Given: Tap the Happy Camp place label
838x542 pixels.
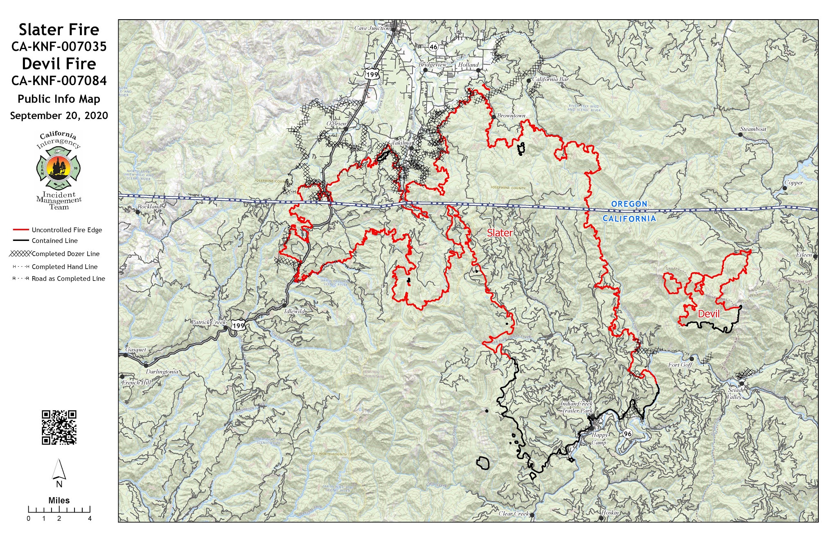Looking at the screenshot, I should [599, 439].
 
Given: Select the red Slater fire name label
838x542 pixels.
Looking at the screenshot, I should [499, 233].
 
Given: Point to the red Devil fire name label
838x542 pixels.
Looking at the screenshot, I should [708, 314].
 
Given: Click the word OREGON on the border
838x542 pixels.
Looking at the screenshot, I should [629, 204].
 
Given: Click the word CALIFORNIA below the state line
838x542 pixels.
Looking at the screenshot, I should [629, 218].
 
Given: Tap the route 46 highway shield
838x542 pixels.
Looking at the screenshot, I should [433, 47].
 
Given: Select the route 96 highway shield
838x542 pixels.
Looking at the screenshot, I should [627, 434].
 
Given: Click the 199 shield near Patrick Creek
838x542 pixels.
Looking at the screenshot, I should [238, 326].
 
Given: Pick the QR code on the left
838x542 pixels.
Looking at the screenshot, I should [59, 427].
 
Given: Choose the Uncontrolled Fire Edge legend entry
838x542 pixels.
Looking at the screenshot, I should [67, 230].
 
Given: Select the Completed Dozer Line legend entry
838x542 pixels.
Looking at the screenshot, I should [65, 254].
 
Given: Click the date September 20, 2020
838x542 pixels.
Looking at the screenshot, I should [59, 116].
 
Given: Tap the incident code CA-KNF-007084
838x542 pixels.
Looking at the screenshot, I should [59, 81].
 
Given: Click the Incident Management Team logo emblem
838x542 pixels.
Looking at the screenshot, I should [59, 164].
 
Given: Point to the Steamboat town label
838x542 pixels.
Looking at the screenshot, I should [753, 129].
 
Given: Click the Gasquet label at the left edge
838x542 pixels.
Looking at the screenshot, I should [135, 350].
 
